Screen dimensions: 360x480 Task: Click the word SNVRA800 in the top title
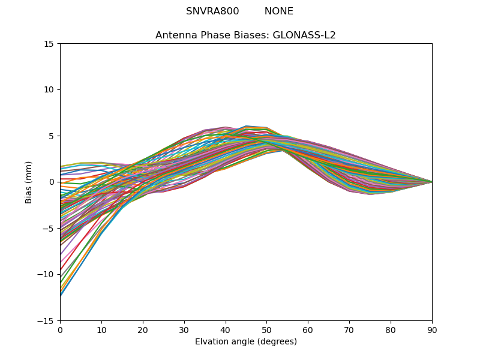(x=212, y=11)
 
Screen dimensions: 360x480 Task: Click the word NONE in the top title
(x=279, y=11)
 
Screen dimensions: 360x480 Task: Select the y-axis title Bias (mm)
(x=29, y=182)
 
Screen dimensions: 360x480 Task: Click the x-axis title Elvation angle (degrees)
(x=246, y=342)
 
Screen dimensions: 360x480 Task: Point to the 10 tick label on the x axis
(x=101, y=330)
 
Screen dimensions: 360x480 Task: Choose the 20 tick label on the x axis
(x=143, y=330)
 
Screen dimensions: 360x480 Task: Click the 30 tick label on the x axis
(x=184, y=330)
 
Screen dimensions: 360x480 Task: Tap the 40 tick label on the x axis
(x=226, y=330)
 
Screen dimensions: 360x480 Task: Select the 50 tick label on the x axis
(x=266, y=330)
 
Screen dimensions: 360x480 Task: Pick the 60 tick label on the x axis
(x=308, y=330)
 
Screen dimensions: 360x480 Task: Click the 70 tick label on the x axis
(x=349, y=330)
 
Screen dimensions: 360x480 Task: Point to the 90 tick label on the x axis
(x=432, y=330)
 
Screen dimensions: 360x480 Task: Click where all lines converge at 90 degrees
(x=431, y=182)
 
